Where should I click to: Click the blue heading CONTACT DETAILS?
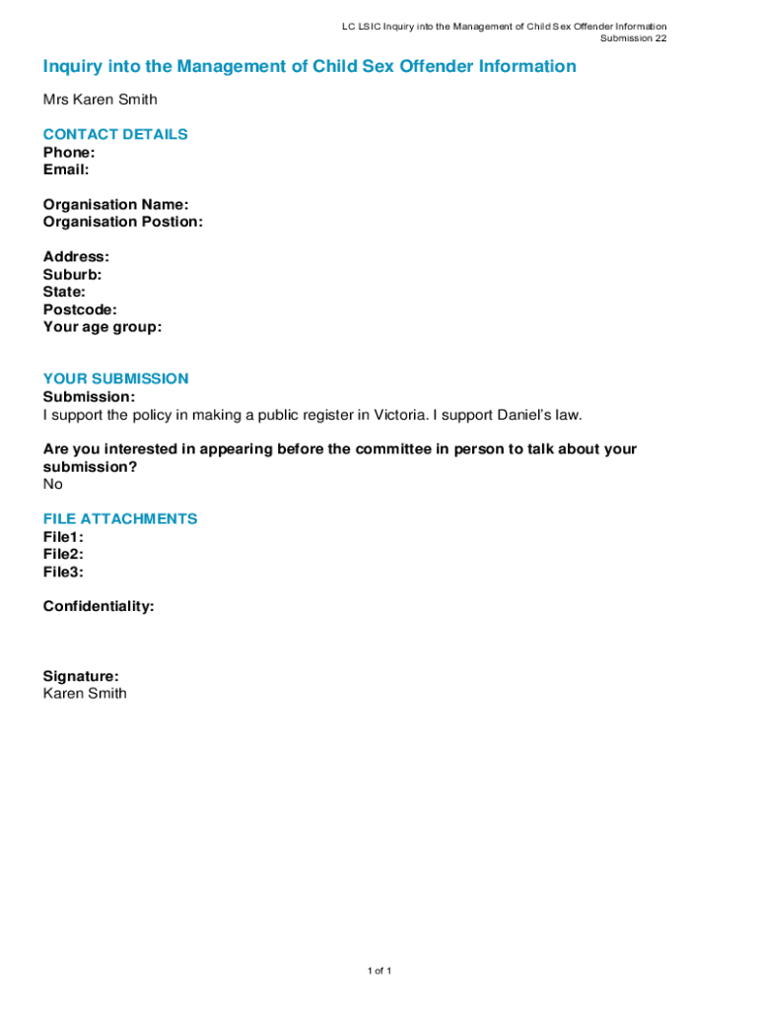click(115, 134)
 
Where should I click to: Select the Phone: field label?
click(69, 153)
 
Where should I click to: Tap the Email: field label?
click(66, 169)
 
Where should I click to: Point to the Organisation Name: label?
click(115, 205)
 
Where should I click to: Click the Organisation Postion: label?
click(123, 222)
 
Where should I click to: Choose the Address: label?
click(76, 257)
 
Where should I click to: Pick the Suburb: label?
click(72, 275)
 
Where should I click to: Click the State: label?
click(64, 292)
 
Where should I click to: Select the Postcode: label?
click(80, 309)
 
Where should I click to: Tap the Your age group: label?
click(103, 327)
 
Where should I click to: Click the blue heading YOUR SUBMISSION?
click(115, 378)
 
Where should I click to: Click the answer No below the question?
click(52, 484)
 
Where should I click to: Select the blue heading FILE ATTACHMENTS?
click(120, 518)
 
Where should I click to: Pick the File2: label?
click(63, 554)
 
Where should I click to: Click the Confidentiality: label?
click(99, 606)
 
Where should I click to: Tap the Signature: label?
click(81, 676)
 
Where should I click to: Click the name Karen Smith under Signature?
click(85, 693)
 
